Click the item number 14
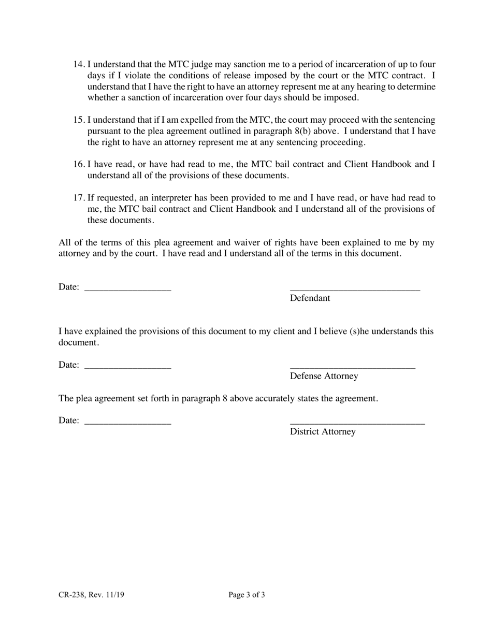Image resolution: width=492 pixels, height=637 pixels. tap(79, 65)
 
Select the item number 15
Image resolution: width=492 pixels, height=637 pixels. tap(79, 120)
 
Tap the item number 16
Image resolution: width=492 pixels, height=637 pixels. tap(79, 165)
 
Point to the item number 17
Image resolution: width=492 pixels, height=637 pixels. tap(79, 198)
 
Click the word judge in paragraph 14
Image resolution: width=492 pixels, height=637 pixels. tap(197, 65)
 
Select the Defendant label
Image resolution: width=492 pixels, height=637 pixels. tap(310, 298)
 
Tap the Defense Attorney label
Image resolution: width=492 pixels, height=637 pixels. tap(324, 376)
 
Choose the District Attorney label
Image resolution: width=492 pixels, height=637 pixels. tap(323, 432)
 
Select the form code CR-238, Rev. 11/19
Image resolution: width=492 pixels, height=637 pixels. tap(91, 595)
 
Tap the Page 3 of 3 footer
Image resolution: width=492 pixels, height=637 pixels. tap(247, 595)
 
